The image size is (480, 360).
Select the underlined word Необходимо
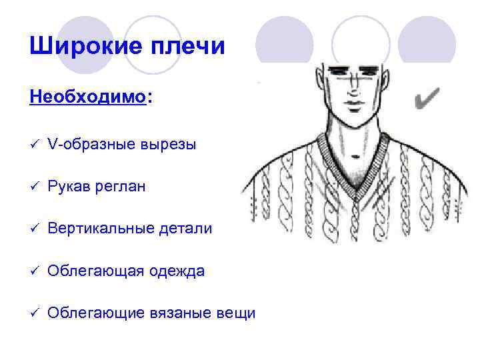(87, 97)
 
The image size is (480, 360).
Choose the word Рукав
(67, 187)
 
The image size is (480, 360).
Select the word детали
(186, 229)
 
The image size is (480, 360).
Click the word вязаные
(181, 313)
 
